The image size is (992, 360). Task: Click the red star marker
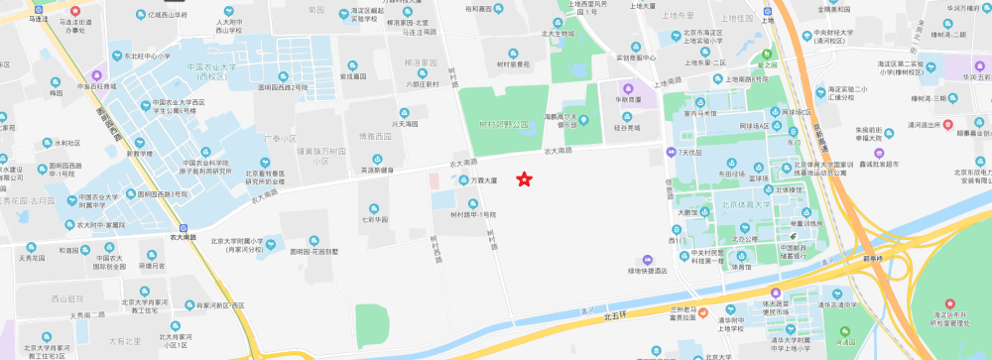525,180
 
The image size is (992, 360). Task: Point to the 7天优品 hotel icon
672,153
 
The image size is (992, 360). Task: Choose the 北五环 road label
616,317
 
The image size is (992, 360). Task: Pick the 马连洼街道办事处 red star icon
74,9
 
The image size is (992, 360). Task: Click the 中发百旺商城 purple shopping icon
97,75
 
